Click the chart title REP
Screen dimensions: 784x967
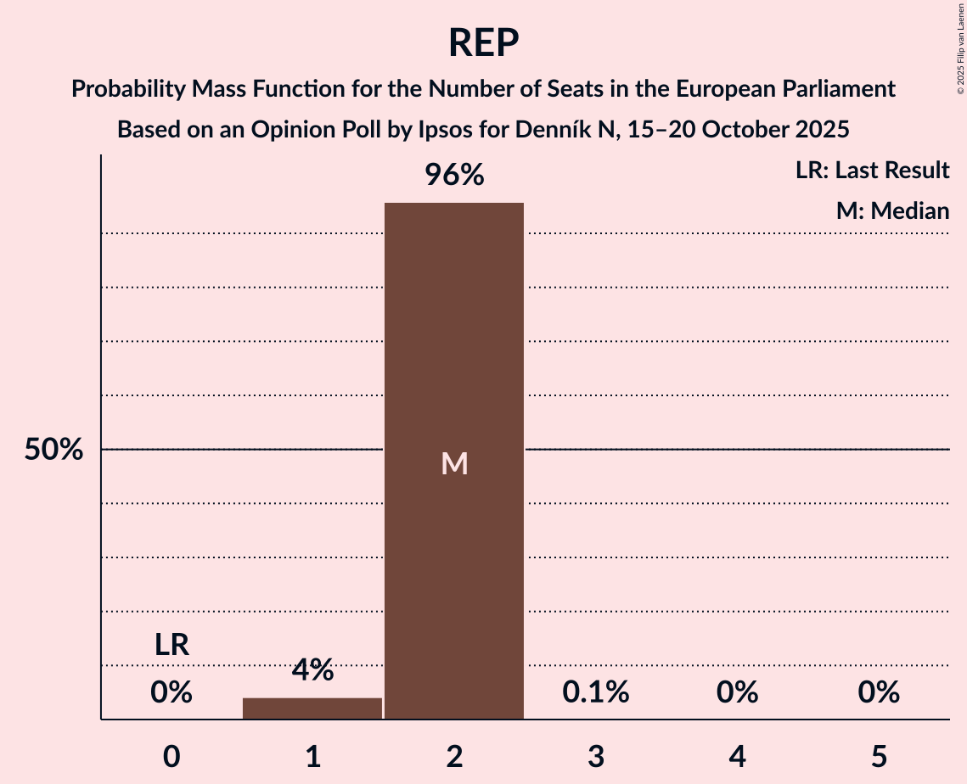tap(483, 42)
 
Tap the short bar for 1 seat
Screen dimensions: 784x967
tap(312, 708)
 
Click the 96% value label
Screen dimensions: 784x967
tap(454, 176)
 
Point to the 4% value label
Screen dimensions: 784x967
tap(312, 670)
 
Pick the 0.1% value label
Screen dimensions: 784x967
tap(596, 692)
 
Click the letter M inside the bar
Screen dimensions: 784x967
tap(454, 463)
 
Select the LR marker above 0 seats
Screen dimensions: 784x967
tap(171, 645)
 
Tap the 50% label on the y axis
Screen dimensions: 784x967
tap(53, 450)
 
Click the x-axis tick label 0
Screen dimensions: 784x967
tap(171, 756)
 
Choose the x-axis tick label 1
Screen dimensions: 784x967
tap(312, 756)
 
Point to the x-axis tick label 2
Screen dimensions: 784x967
tap(454, 756)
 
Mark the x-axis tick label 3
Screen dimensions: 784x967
tap(596, 756)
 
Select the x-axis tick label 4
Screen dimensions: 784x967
tap(737, 756)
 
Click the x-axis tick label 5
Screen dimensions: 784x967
tap(879, 756)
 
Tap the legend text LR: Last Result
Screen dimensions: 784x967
tap(872, 171)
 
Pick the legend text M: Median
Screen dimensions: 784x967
tap(892, 210)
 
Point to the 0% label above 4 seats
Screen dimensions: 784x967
tap(737, 692)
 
